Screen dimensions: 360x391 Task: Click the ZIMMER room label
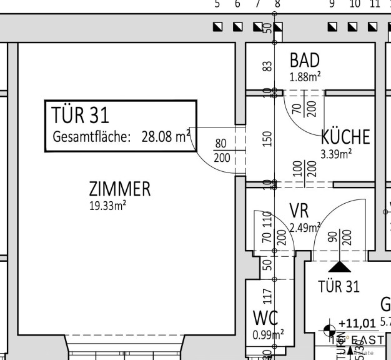pyautogui.click(x=119, y=189)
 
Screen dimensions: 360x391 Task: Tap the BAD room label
pyautogui.click(x=305, y=61)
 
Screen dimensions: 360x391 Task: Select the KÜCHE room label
pyautogui.click(x=345, y=137)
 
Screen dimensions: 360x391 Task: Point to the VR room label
pyautogui.click(x=299, y=210)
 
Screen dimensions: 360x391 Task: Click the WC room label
pyautogui.click(x=265, y=317)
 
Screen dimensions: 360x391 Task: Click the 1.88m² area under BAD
pyautogui.click(x=305, y=77)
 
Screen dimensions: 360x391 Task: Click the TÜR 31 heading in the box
pyautogui.click(x=80, y=115)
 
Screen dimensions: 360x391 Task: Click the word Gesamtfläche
pyautogui.click(x=91, y=137)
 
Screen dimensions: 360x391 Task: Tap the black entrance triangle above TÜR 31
pyautogui.click(x=340, y=266)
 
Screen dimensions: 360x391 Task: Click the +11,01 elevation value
pyautogui.click(x=357, y=323)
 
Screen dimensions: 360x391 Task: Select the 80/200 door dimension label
pyautogui.click(x=221, y=151)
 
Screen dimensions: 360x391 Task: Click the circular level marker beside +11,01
pyautogui.click(x=329, y=327)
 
